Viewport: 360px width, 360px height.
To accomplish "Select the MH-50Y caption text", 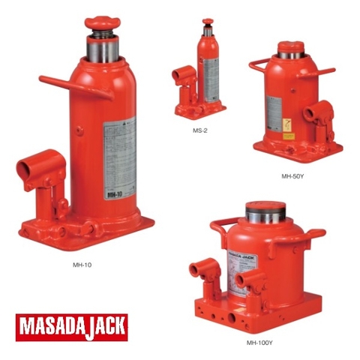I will click(x=293, y=176).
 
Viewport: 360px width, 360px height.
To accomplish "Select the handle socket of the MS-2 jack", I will click(x=184, y=76).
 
